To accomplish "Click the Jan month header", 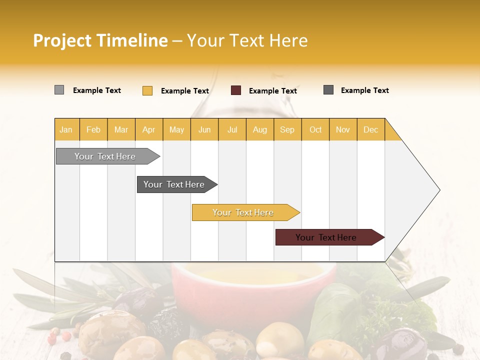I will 66,130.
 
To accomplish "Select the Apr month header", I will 149,130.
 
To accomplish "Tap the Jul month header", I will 232,130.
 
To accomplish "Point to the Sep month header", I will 287,130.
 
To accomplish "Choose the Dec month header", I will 370,130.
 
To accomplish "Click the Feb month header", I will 93,130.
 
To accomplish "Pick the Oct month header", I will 315,130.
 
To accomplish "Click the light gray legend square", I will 59,90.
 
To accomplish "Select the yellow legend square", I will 147,90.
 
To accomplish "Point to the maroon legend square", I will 236,90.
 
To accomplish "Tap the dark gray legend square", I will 328,90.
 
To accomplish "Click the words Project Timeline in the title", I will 100,40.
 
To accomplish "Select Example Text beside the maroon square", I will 272,91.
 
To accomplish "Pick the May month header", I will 176,130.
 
